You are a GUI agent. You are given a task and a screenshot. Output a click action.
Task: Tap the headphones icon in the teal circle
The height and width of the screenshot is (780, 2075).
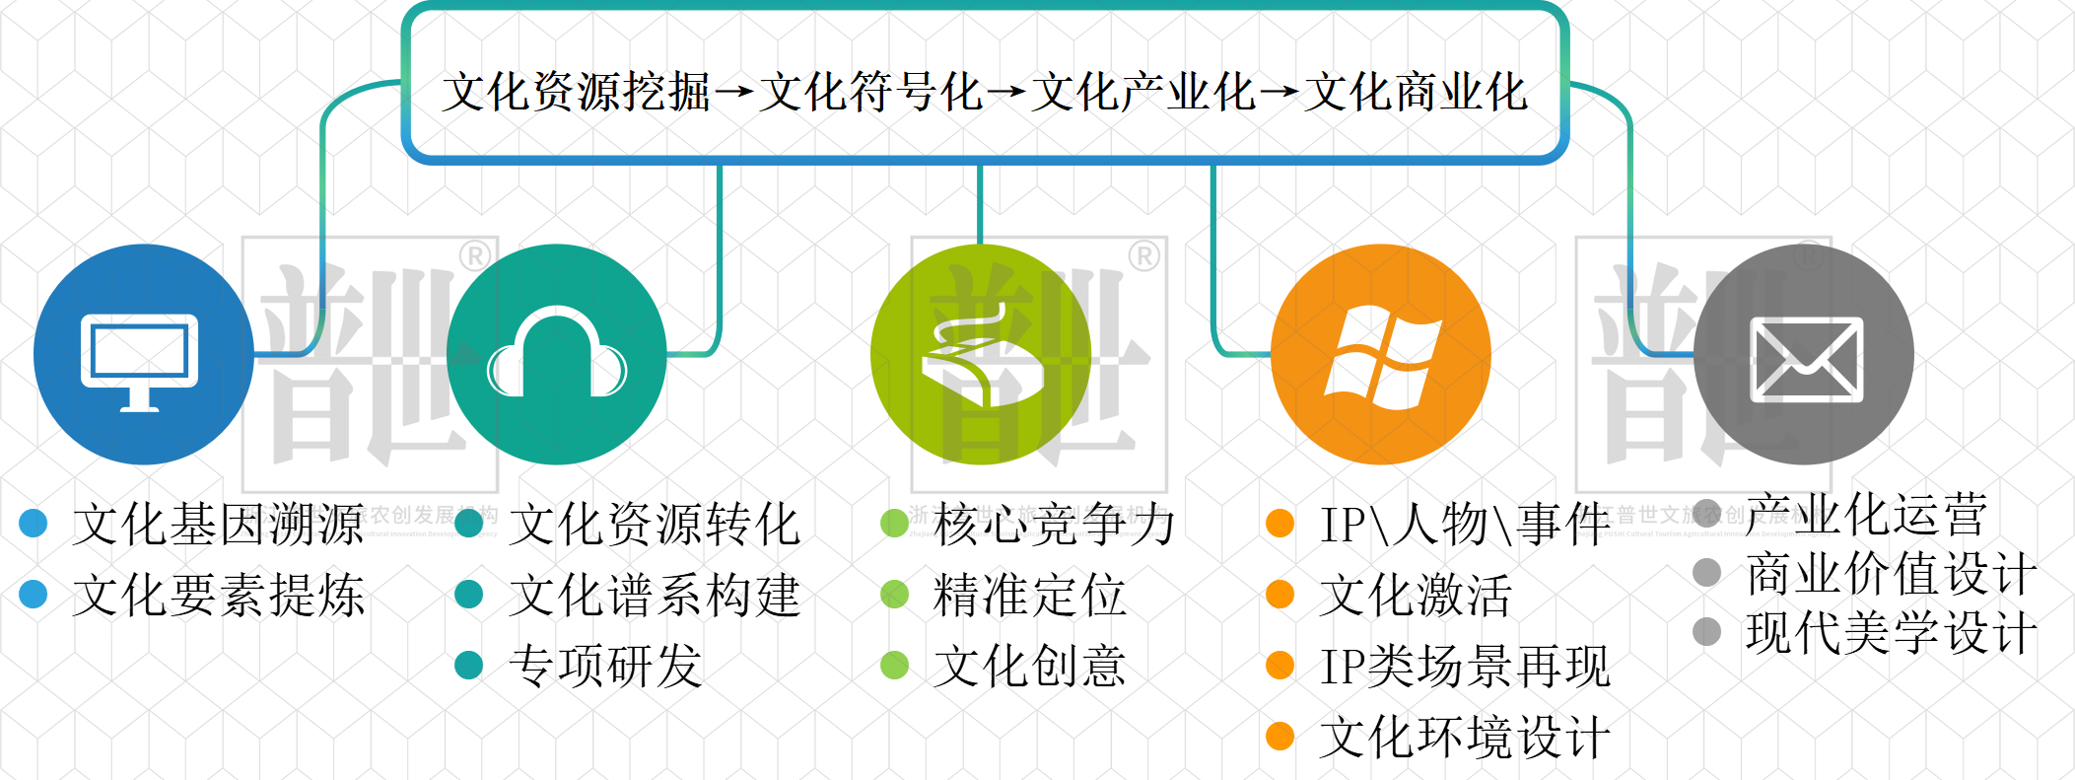[557, 355]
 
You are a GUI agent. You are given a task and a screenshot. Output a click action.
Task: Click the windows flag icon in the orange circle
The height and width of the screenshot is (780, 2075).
[1382, 357]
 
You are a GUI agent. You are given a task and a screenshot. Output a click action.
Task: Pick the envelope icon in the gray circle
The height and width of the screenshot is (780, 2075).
[1806, 359]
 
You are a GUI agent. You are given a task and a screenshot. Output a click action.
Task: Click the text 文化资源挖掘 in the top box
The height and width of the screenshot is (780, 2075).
[577, 93]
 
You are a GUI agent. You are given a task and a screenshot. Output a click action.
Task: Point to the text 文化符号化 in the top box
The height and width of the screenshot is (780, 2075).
[871, 93]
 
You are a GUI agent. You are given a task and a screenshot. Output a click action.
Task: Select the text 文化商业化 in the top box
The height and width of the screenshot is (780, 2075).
[1416, 93]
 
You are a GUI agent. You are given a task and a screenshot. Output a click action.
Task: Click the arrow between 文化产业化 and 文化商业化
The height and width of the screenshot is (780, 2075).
[1279, 93]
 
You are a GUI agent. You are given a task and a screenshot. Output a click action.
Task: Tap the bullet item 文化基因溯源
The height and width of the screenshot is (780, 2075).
[218, 524]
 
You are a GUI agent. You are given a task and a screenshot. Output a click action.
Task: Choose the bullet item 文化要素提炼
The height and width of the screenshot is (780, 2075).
[218, 595]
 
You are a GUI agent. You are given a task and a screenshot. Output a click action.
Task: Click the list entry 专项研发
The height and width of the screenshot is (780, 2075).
[605, 666]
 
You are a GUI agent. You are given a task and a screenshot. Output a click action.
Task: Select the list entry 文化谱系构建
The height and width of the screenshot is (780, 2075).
[654, 596]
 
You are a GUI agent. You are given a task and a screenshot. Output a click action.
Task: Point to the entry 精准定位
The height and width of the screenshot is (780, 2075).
[1029, 596]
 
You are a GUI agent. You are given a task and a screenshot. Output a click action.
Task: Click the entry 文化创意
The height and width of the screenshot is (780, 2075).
[1029, 666]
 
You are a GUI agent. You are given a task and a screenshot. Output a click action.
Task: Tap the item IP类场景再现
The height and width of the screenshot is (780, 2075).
[1465, 667]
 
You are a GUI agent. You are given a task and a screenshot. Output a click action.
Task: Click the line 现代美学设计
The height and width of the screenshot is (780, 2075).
[1891, 633]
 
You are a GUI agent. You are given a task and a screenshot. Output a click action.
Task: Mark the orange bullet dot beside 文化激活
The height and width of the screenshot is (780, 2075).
[1280, 595]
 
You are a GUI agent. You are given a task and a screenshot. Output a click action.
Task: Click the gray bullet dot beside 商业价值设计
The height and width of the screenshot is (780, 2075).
[1706, 573]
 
